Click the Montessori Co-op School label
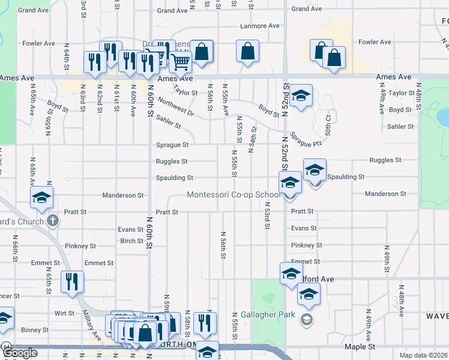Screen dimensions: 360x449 tap(234, 195)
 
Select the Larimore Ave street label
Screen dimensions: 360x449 tap(260, 26)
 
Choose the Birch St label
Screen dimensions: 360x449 tap(131, 241)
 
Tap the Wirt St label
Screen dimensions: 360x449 tap(64, 313)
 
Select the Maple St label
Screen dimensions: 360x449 tap(360, 347)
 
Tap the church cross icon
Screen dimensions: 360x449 tap(53, 221)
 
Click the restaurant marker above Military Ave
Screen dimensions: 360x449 tap(72, 281)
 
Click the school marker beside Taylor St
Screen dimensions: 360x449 tap(301, 95)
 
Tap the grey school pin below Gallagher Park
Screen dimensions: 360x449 tap(307, 319)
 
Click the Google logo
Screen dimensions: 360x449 tap(20, 353)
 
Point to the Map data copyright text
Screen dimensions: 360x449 tap(424, 355)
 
